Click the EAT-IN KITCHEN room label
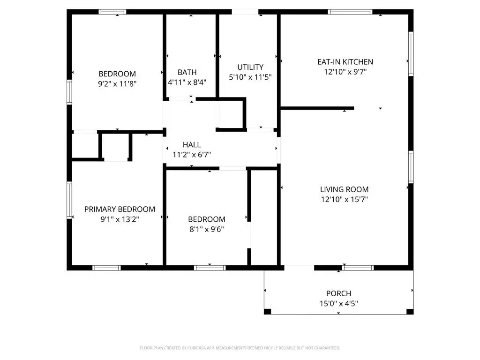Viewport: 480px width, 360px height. click(x=345, y=62)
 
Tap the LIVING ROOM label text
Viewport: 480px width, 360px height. click(x=344, y=189)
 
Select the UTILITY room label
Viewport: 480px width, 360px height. click(x=250, y=67)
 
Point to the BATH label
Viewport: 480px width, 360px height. click(x=187, y=72)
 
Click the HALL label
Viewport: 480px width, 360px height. click(x=192, y=144)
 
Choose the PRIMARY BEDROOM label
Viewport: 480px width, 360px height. click(x=120, y=210)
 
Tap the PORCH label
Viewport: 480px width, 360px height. click(x=338, y=293)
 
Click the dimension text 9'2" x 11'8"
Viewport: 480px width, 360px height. click(x=117, y=83)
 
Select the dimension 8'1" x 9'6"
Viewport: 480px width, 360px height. click(x=207, y=229)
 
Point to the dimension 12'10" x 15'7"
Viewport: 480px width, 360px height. click(x=344, y=199)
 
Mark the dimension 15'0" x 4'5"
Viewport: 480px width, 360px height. click(x=338, y=303)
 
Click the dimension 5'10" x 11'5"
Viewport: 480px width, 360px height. click(x=250, y=77)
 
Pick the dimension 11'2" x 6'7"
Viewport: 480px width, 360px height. click(x=192, y=155)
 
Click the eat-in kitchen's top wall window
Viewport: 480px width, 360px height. click(x=350, y=12)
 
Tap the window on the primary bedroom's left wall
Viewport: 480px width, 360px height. click(x=69, y=200)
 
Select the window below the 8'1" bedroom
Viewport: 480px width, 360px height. click(x=210, y=268)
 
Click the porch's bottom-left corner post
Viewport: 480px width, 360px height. click(x=268, y=312)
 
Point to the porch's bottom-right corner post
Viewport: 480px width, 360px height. click(x=410, y=312)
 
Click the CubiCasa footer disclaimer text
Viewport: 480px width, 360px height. click(x=240, y=348)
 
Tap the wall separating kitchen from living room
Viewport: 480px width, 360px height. click(x=317, y=108)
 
